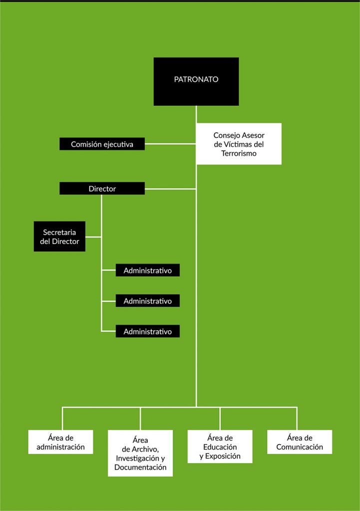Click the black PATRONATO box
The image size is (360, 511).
pos(196,81)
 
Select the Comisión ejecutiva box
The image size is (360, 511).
pos(102,144)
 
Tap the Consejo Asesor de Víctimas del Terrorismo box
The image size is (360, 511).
pos(239,144)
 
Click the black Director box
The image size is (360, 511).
pos(102,188)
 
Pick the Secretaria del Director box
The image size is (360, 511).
pos(60,236)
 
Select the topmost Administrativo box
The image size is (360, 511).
pos(148,270)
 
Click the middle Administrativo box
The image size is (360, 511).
pos(148,301)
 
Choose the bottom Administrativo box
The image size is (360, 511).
pos(148,331)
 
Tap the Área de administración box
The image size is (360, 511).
pos(60,442)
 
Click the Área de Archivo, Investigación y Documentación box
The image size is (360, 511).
pos(140,453)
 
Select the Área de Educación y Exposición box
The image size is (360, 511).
pos(220,447)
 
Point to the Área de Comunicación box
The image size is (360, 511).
pos(300,442)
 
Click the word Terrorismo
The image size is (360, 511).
pos(239,154)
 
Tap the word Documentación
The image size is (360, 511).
pos(140,467)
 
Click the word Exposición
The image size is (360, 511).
pos(223,456)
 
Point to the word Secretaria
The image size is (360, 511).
pos(59,233)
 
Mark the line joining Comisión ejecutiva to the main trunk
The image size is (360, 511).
pos(170,144)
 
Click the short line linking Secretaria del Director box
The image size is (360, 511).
pos(93,237)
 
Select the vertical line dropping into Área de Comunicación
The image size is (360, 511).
pos(297,419)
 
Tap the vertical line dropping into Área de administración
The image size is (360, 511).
pos(62,419)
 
